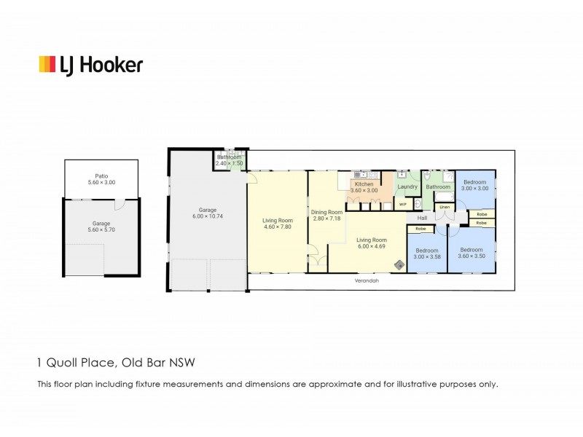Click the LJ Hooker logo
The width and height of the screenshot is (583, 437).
pyautogui.click(x=90, y=64)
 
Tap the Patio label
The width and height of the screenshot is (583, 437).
pyautogui.click(x=101, y=176)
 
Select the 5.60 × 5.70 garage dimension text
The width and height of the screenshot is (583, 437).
pyautogui.click(x=101, y=230)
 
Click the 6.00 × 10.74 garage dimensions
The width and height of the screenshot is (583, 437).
pyautogui.click(x=207, y=216)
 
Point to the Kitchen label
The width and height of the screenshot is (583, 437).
pyautogui.click(x=364, y=184)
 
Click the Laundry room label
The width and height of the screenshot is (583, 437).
pyautogui.click(x=407, y=187)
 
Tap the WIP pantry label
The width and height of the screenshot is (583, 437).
pyautogui.click(x=402, y=204)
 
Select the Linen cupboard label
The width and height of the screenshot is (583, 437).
pyautogui.click(x=443, y=208)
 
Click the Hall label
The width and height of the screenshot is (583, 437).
pyautogui.click(x=422, y=218)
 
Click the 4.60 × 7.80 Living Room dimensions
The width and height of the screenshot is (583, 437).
pyautogui.click(x=277, y=227)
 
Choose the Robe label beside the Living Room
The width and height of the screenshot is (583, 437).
pyautogui.click(x=421, y=229)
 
